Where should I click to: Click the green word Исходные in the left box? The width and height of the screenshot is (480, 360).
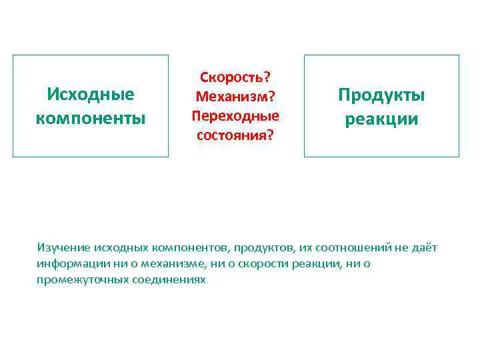91,94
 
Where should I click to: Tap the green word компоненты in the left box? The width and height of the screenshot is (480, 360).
91,119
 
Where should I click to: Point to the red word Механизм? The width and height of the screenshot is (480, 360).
235,97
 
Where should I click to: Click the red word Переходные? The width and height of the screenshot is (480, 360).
235,115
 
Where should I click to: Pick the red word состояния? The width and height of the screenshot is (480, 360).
235,135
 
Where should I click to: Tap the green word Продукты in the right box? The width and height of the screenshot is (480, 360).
381,94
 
